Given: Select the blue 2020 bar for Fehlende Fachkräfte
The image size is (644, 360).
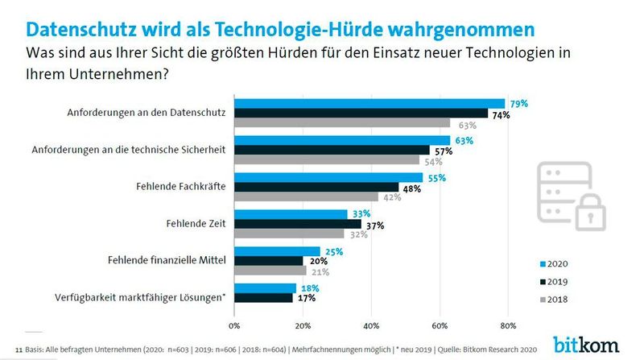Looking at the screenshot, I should click(x=328, y=177).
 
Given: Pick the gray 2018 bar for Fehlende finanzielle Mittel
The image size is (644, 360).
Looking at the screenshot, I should click(x=270, y=271).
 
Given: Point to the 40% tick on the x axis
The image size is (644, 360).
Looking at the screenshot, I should click(x=371, y=326).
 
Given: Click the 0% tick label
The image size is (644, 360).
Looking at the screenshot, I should click(x=234, y=326).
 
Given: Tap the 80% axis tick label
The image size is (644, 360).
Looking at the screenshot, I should click(x=507, y=326).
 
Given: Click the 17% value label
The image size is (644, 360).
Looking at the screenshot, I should click(x=305, y=298).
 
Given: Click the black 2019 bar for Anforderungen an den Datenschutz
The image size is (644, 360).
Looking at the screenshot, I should click(x=361, y=113).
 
